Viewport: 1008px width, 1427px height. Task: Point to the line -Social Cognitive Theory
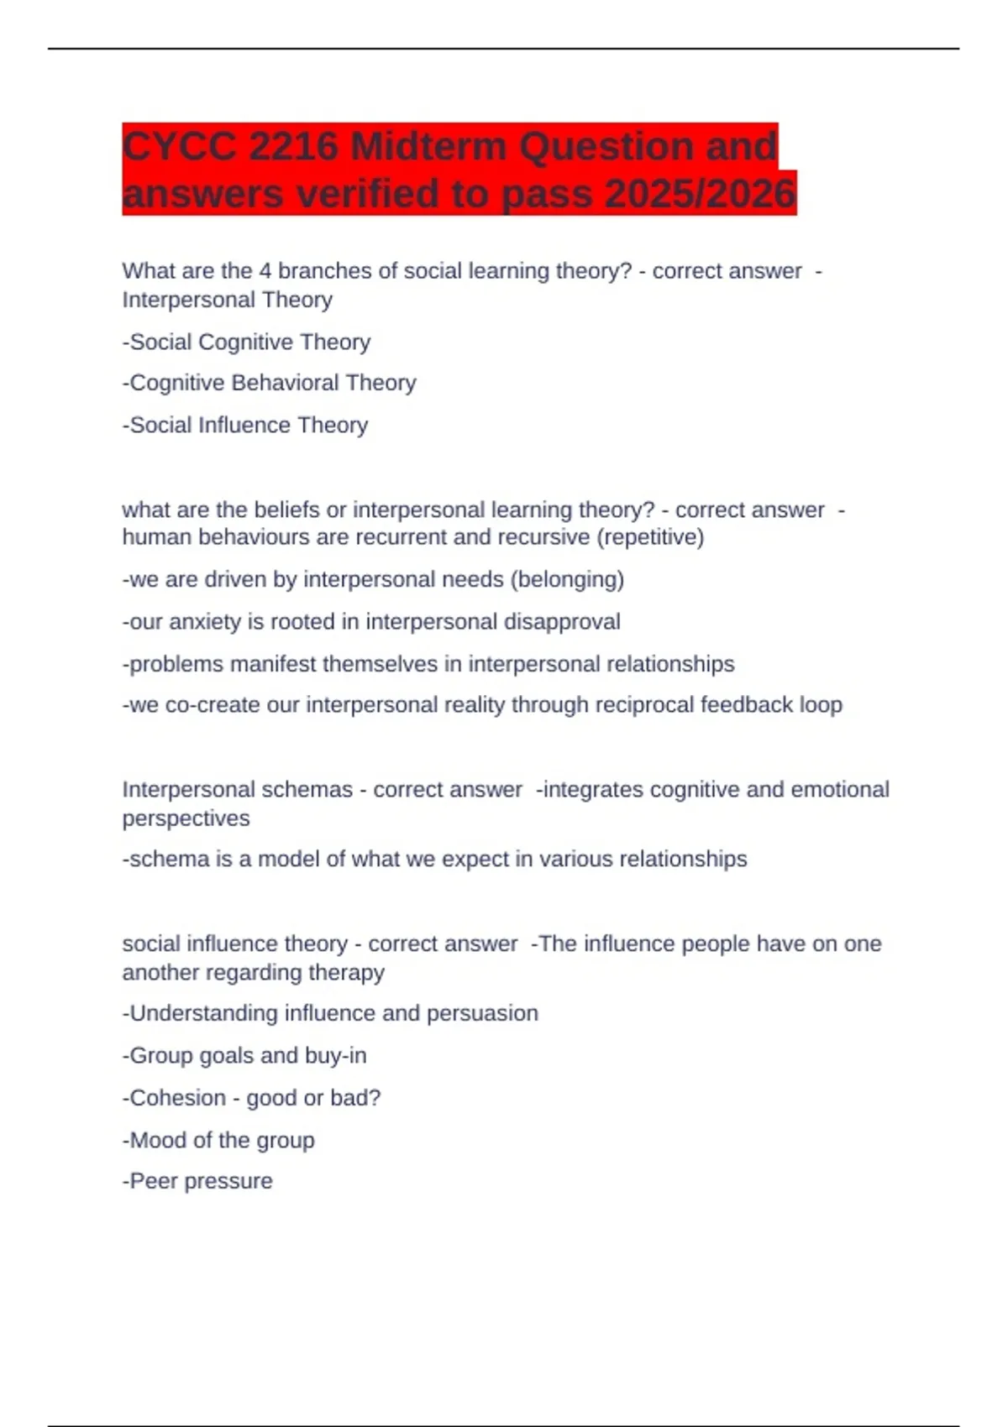coord(246,342)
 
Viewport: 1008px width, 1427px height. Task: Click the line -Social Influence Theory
coord(245,425)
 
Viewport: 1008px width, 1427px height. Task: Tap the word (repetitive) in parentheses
coord(649,537)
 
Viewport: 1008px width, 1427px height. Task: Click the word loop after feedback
coord(821,705)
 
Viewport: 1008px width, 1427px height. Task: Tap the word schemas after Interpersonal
coord(308,790)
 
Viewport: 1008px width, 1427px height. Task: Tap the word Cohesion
coord(178,1098)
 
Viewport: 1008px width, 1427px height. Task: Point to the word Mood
coord(158,1140)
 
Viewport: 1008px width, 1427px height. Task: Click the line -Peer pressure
coord(197,1181)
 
